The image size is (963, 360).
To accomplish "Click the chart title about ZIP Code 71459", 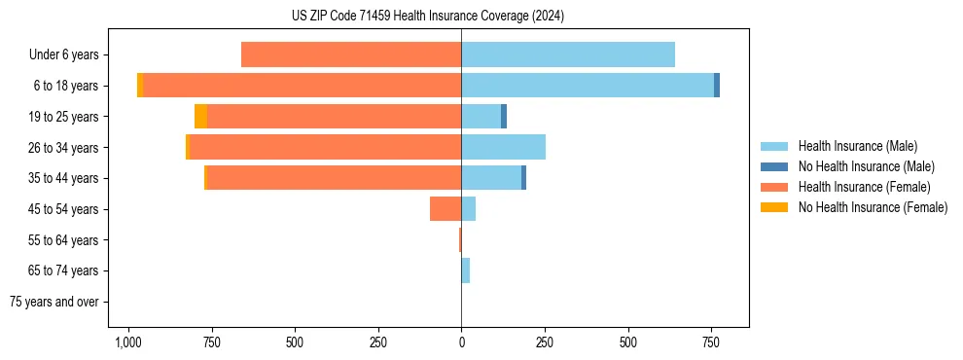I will pyautogui.click(x=427, y=17).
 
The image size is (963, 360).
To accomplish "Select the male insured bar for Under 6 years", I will pyautogui.click(x=568, y=55).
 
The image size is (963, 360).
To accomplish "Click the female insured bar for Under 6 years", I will pyautogui.click(x=351, y=55).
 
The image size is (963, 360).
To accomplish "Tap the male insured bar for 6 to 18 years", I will pyautogui.click(x=588, y=86).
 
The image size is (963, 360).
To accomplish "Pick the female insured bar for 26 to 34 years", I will pyautogui.click(x=325, y=147).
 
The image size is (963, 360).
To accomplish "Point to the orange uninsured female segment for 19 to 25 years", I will pyautogui.click(x=200, y=117).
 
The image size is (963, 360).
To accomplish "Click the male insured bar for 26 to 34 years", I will pyautogui.click(x=503, y=147).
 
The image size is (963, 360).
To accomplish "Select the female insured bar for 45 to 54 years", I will pyautogui.click(x=446, y=208).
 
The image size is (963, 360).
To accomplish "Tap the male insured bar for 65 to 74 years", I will pyautogui.click(x=466, y=270).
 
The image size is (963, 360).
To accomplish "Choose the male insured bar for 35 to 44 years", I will pyautogui.click(x=491, y=178).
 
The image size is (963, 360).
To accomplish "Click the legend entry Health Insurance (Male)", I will pyautogui.click(x=856, y=147).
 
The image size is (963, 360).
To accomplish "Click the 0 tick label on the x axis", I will pyautogui.click(x=461, y=343).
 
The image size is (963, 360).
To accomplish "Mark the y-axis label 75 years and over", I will pyautogui.click(x=54, y=302).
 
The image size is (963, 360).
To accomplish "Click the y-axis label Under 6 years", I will pyautogui.click(x=64, y=55).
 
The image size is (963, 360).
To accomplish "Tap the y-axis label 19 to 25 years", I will pyautogui.click(x=65, y=117).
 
